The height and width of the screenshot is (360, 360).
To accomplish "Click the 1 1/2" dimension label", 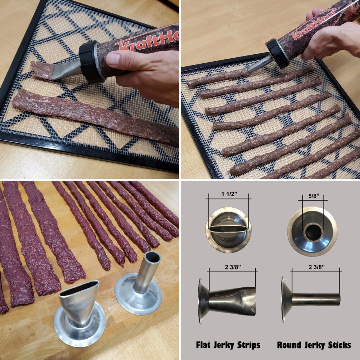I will pos(228,193).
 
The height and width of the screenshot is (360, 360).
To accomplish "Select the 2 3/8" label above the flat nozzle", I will pos(232,266).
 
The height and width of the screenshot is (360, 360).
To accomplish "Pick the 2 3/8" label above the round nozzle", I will pos(316,266).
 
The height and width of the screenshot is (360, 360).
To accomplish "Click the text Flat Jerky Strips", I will pos(228,345).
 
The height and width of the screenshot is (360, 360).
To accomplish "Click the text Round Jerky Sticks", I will pos(314,345).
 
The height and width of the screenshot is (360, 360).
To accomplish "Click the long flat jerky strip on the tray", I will pos(94,115).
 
